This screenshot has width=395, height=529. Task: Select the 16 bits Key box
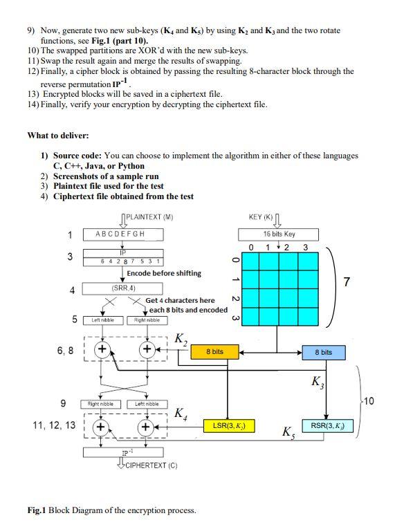tap(278, 234)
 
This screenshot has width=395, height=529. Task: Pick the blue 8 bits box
tap(323, 352)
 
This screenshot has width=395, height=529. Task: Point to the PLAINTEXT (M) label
tap(150, 217)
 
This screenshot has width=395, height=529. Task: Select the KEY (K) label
tap(261, 217)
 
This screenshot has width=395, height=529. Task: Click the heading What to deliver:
tap(58, 135)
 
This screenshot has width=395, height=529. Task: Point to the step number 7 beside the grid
tap(366, 283)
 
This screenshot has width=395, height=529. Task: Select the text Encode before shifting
tap(164, 273)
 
